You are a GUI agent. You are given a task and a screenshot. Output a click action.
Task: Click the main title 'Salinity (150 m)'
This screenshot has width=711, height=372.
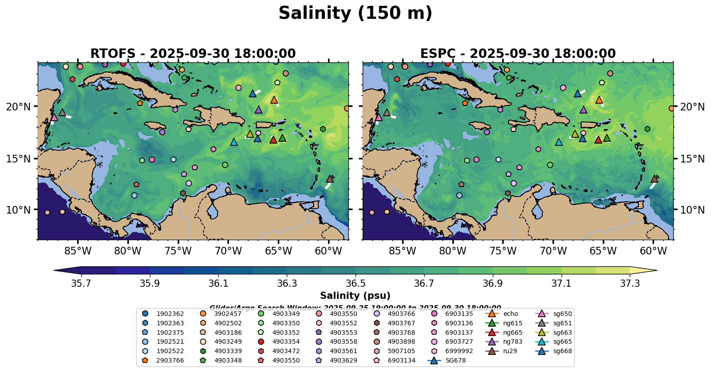(355, 13)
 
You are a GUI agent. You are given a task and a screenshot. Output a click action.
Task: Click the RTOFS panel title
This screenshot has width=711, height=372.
(193, 54)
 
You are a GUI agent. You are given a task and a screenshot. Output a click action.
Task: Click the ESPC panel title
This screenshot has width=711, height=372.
(518, 54)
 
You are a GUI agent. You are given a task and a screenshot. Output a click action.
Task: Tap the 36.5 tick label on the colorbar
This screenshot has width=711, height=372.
(355, 284)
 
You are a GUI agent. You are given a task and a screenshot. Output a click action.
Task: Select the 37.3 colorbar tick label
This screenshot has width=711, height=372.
(630, 284)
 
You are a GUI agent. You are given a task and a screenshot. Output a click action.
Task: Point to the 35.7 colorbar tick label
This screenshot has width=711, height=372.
(81, 284)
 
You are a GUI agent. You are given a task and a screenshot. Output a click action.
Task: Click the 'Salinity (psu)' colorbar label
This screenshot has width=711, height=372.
(355, 296)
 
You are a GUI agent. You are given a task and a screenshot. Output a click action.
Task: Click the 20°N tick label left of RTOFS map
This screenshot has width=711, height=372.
(18, 107)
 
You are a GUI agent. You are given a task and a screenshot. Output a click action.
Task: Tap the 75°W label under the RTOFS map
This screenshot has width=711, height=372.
(178, 251)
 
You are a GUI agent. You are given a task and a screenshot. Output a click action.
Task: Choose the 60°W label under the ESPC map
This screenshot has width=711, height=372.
(653, 251)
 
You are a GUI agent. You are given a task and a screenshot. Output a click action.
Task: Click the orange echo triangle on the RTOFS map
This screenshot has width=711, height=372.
(274, 100)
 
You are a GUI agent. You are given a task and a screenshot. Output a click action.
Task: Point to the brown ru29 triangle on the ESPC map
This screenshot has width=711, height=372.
(654, 179)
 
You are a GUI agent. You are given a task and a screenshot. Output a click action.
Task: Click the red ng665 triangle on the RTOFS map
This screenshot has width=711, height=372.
(273, 140)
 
